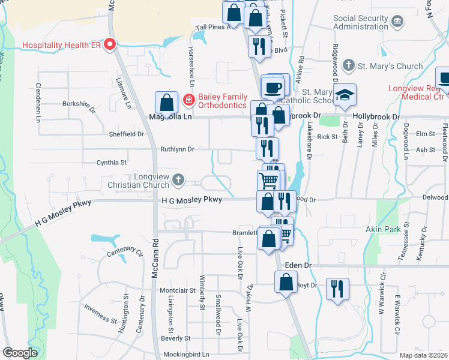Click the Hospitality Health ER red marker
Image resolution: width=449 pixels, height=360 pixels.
110,44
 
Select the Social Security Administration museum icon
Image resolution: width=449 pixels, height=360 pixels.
397,22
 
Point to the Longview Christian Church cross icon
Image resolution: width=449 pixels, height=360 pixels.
178,179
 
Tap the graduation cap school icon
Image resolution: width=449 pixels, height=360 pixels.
345,95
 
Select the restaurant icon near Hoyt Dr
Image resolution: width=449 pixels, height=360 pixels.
337,289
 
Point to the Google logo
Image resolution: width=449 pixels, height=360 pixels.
20,353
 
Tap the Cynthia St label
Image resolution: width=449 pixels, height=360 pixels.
112,163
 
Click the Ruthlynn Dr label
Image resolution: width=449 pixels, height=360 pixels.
177,149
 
